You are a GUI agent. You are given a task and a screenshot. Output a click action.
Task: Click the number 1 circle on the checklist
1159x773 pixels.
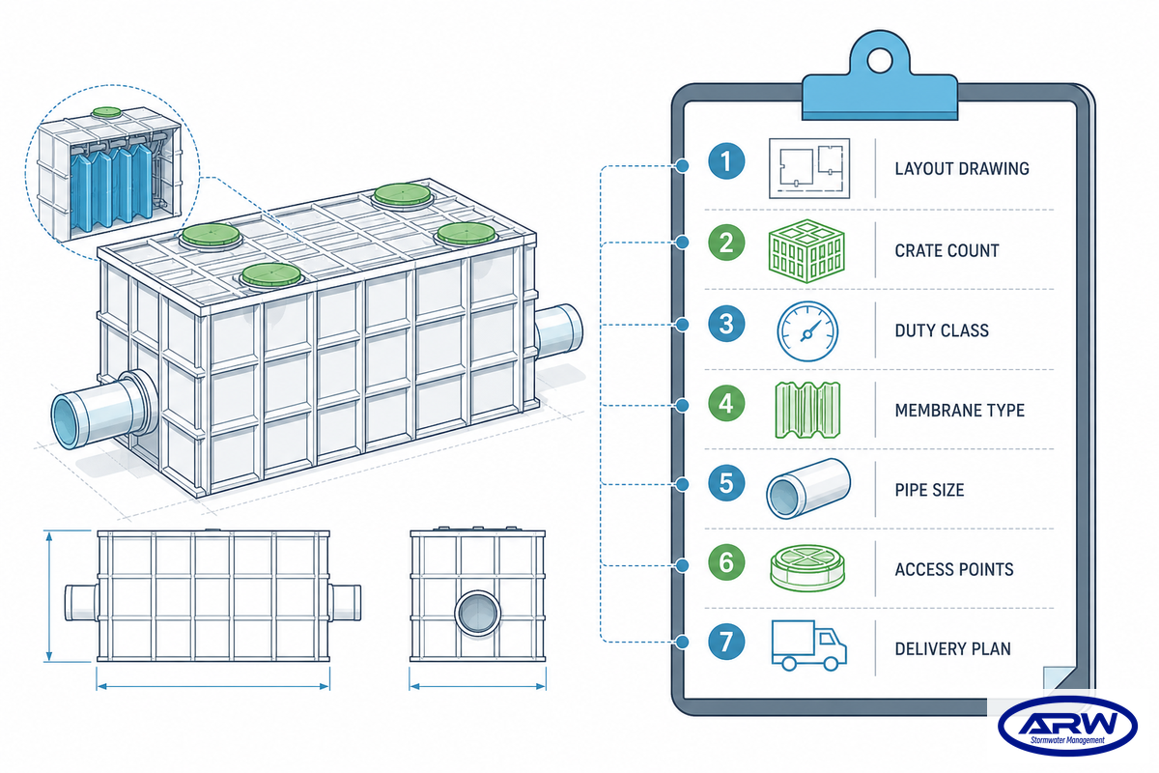pos(726,161)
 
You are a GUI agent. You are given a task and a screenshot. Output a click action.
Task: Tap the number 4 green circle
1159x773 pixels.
pos(726,403)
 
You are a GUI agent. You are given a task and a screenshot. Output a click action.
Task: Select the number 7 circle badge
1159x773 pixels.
pos(726,642)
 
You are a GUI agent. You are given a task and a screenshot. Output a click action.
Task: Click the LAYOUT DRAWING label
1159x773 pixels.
pos(962,169)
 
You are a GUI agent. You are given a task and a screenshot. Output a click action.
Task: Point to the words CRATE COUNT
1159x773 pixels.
pos(947,250)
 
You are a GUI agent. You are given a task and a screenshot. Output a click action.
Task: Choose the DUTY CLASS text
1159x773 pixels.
pos(942,330)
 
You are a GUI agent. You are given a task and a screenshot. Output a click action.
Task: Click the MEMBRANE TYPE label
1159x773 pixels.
pos(960,410)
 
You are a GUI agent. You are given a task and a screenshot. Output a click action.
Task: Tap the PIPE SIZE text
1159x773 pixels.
pos(929,490)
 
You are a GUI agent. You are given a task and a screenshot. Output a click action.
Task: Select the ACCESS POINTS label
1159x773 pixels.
pos(954,569)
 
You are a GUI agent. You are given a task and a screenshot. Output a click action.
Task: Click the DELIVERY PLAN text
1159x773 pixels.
pos(952,648)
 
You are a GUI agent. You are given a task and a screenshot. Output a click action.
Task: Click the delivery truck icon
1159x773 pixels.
pos(808,645)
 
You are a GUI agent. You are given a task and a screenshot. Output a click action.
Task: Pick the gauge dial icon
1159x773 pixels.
pos(807,331)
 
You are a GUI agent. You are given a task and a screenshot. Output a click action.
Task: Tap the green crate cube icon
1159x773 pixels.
pos(806,250)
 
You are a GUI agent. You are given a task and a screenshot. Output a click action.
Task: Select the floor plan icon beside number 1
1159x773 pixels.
pos(809,168)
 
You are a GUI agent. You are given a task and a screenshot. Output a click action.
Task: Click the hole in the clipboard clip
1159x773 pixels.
pos(879,61)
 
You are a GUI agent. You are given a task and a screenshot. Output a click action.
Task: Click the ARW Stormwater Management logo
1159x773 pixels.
pos(1067,725)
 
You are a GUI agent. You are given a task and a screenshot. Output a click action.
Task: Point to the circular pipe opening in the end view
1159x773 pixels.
pos(478,613)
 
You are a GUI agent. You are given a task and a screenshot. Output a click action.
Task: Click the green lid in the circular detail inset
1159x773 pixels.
pos(106,112)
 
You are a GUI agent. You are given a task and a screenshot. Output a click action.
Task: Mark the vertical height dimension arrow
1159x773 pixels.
pos(49,596)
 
